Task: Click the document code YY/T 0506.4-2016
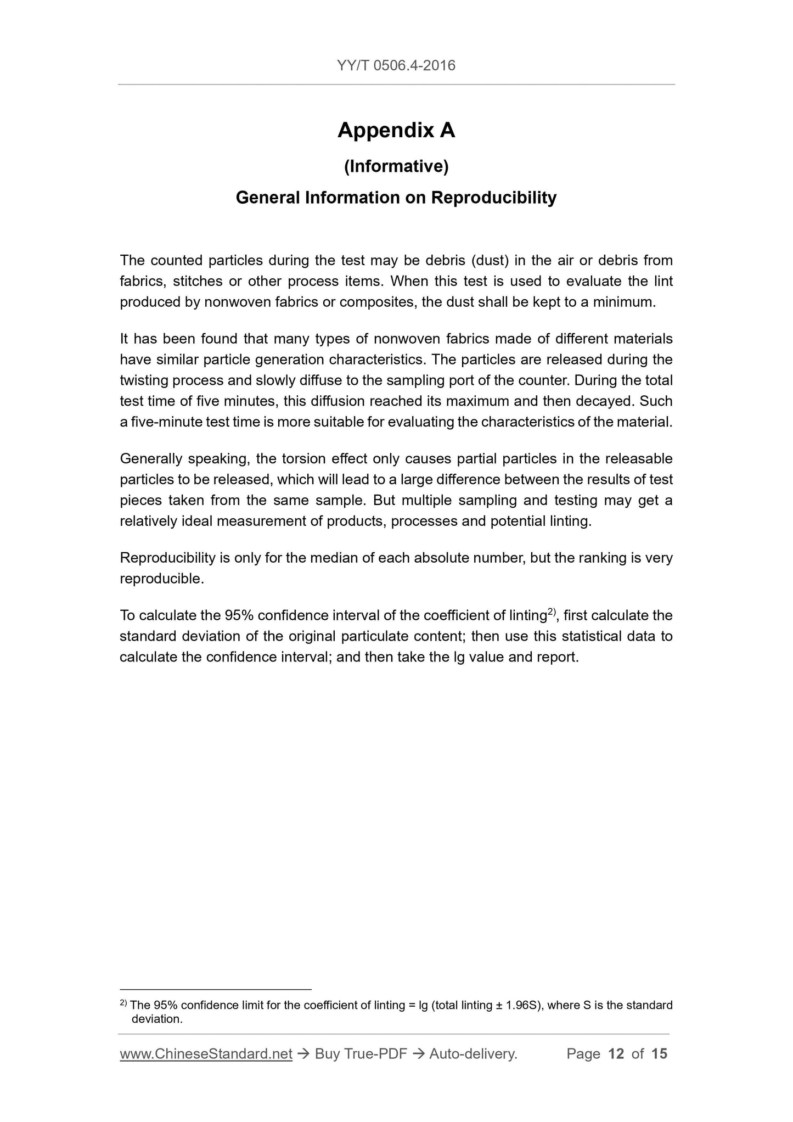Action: pyautogui.click(x=396, y=66)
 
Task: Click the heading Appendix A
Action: pyautogui.click(x=396, y=131)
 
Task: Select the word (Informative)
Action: pyautogui.click(x=396, y=166)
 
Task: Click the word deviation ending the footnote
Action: pyautogui.click(x=156, y=1019)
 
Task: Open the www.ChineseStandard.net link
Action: pyautogui.click(x=206, y=1054)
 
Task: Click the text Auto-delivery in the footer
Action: pyautogui.click(x=473, y=1054)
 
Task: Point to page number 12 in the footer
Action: pyautogui.click(x=616, y=1054)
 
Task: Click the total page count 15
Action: pyautogui.click(x=659, y=1054)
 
